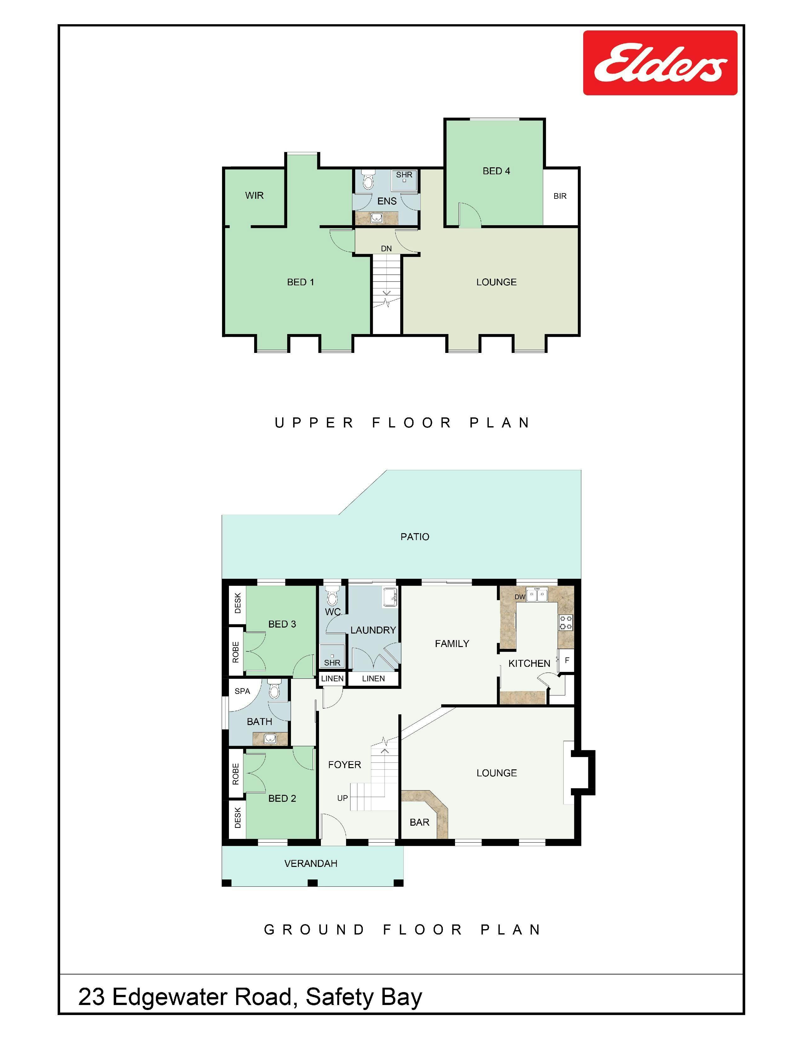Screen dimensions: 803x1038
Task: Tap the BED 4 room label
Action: [x=496, y=171]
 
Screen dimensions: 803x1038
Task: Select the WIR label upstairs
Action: [x=254, y=195]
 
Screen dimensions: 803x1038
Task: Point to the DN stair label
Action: [x=386, y=248]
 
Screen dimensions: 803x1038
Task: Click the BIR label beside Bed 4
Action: [x=560, y=196]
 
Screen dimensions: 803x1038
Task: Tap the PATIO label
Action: [x=415, y=537]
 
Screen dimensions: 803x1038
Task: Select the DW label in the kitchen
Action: [x=520, y=597]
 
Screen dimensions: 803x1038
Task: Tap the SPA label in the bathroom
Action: [x=242, y=691]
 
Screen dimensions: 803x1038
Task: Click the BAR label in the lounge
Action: [x=419, y=822]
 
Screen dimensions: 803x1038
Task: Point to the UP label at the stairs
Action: [x=343, y=798]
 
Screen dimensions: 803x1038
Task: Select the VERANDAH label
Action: [x=310, y=863]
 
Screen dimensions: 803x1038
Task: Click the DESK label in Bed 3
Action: [x=238, y=603]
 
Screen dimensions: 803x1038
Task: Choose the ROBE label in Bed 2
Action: [x=236, y=774]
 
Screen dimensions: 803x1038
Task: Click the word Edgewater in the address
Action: [x=202, y=997]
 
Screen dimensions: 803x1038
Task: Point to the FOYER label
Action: [x=345, y=765]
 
